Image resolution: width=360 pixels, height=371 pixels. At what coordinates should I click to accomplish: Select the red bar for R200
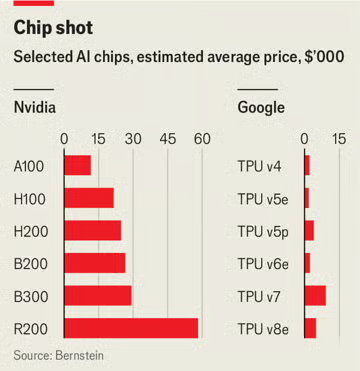[130, 328]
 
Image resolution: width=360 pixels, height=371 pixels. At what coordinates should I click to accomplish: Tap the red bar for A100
[77, 166]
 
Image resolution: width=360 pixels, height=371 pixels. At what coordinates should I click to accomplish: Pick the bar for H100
[88, 198]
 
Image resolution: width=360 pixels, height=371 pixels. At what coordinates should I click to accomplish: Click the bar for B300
[97, 295]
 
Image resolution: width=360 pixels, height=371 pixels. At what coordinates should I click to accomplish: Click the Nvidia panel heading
[35, 106]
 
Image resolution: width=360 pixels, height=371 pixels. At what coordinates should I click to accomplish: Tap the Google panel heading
[261, 106]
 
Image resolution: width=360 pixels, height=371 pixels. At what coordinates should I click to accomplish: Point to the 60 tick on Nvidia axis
[200, 138]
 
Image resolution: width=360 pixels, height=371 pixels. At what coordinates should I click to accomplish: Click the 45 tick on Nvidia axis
[166, 138]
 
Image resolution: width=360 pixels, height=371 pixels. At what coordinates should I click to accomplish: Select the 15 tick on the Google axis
[338, 138]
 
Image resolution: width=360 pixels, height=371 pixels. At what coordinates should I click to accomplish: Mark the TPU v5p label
[262, 231]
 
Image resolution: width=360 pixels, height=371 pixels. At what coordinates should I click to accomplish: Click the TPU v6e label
[262, 263]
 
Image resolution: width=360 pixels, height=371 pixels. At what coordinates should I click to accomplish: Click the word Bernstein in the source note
[80, 355]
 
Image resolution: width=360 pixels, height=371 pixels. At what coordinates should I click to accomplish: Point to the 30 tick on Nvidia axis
[132, 138]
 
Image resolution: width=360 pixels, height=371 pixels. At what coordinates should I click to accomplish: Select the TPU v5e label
[262, 198]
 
